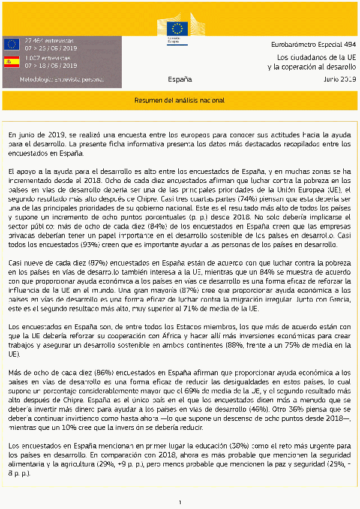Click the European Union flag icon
point(11,44)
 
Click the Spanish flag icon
point(11,62)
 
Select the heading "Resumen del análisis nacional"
point(179,101)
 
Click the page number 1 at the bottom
point(179,501)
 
